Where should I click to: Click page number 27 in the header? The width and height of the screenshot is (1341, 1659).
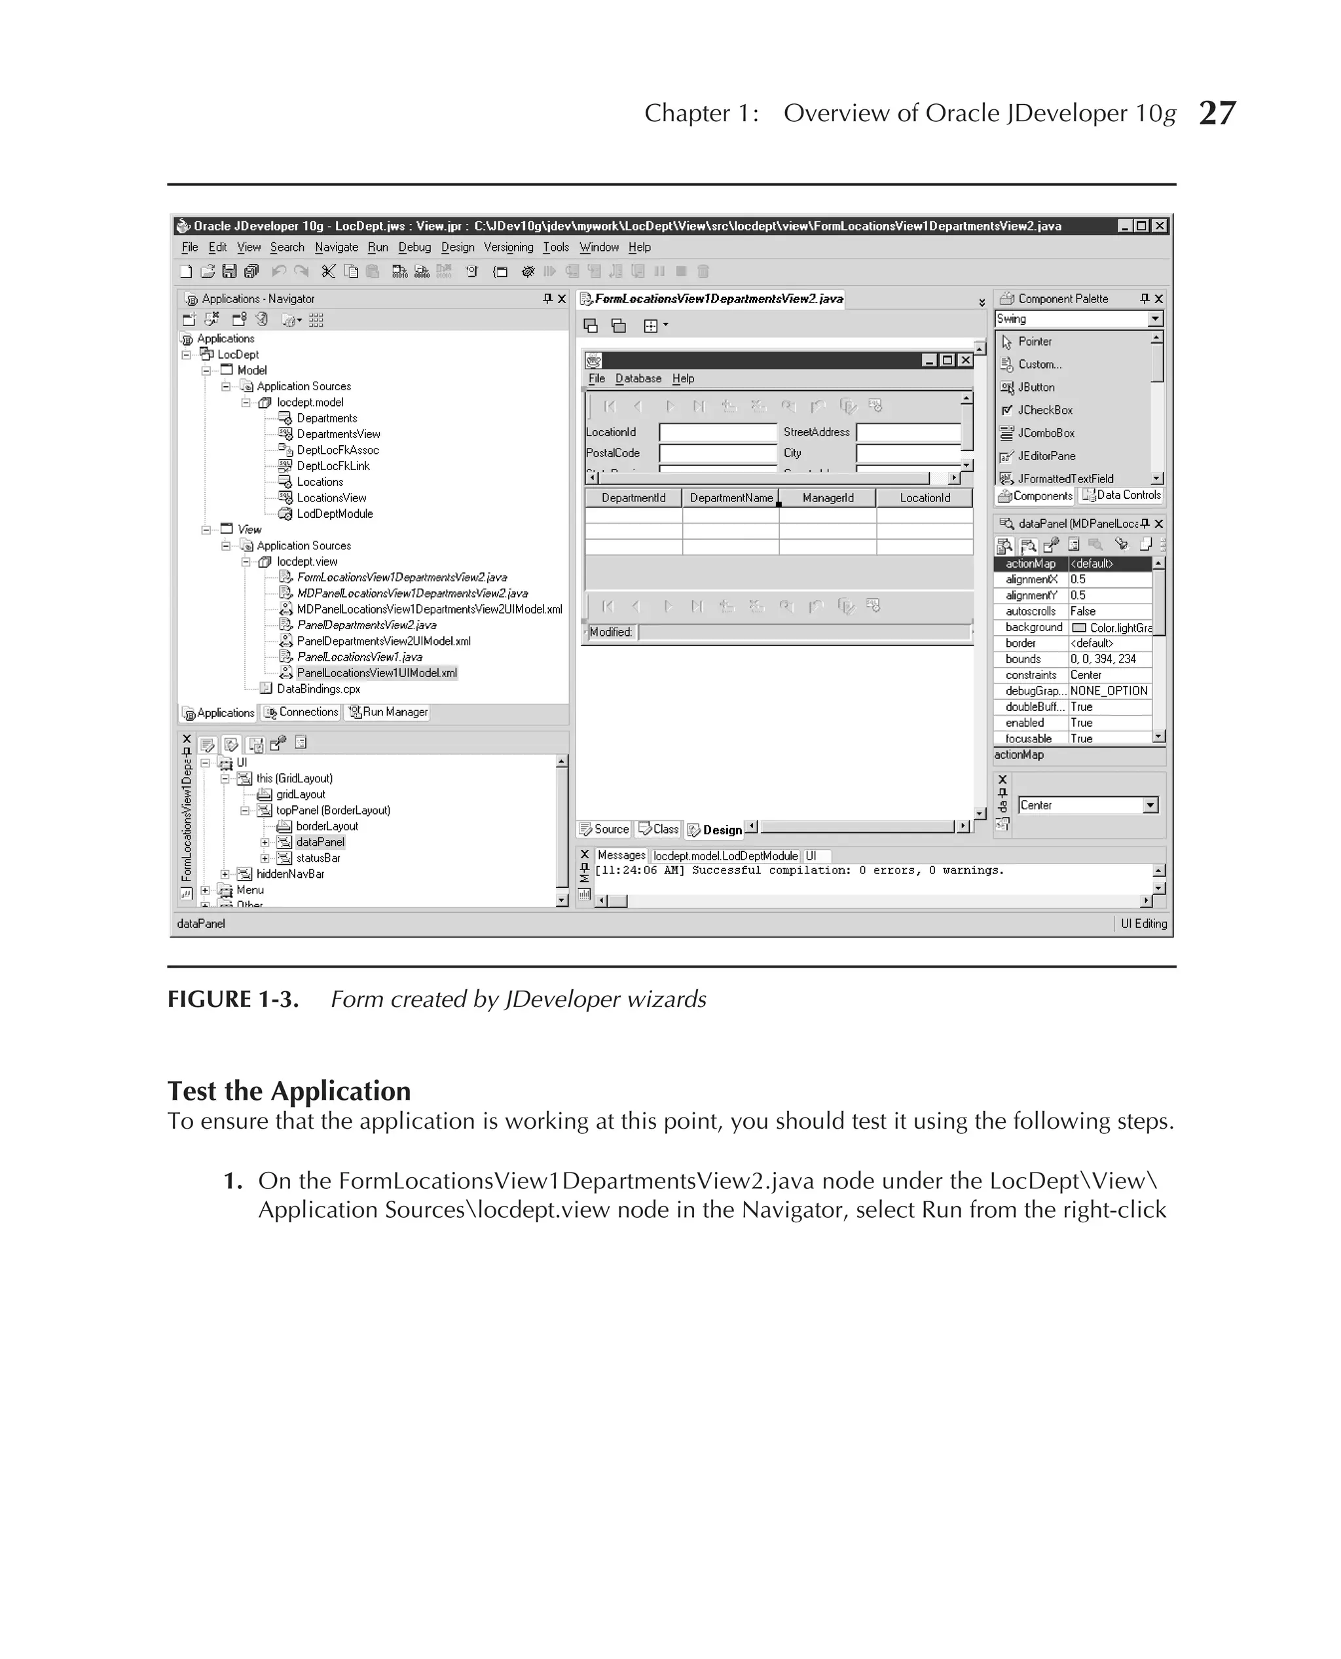click(1217, 113)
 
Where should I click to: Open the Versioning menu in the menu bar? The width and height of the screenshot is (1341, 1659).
click(507, 247)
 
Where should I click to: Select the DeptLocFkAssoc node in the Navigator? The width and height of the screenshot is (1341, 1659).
click(338, 450)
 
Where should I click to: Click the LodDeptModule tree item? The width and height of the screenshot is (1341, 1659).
click(335, 514)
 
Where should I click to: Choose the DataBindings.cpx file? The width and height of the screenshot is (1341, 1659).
click(318, 689)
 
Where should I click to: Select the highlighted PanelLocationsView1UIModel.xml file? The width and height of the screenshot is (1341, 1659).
click(377, 673)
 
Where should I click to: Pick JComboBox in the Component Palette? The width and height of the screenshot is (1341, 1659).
click(1045, 433)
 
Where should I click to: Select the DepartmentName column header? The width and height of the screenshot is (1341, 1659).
click(731, 498)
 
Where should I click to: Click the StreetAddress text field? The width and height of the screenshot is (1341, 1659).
click(908, 433)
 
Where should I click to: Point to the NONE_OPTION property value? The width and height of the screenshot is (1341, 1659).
click(1109, 691)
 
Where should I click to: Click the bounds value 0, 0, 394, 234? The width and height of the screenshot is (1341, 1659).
click(1103, 659)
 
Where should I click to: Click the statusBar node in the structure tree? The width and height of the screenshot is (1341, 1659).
click(318, 858)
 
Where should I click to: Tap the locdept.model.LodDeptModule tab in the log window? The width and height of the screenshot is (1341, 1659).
click(725, 856)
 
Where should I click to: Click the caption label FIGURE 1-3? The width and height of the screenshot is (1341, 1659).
click(232, 1000)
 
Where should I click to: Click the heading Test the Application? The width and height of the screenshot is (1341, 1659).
click(289, 1091)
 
